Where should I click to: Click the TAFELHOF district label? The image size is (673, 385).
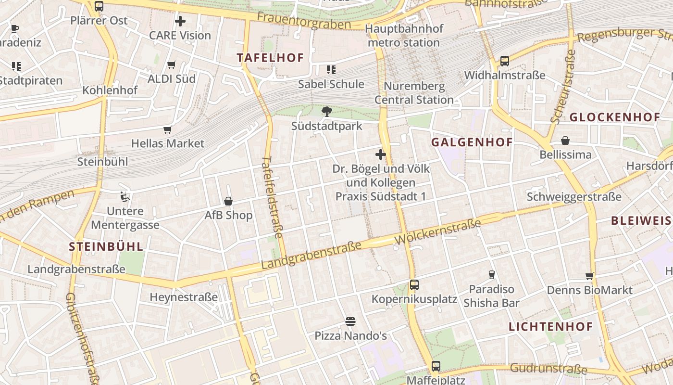pyautogui.click(x=271, y=58)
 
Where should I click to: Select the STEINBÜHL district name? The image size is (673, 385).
pyautogui.click(x=106, y=247)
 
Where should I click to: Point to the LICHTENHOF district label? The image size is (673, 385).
pyautogui.click(x=551, y=327)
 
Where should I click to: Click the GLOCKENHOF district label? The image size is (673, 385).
pyautogui.click(x=615, y=117)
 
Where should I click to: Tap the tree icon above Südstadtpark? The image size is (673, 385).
pyautogui.click(x=327, y=112)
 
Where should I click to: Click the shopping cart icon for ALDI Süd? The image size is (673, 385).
pyautogui.click(x=171, y=64)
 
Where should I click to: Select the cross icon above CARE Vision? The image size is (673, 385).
pyautogui.click(x=180, y=21)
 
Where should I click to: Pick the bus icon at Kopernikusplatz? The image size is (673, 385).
pyautogui.click(x=414, y=284)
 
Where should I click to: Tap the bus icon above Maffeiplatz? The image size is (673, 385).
pyautogui.click(x=436, y=366)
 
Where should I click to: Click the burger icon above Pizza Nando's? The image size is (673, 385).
pyautogui.click(x=350, y=321)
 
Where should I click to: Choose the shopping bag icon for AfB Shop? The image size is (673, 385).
pyautogui.click(x=228, y=201)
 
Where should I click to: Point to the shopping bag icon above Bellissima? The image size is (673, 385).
pyautogui.click(x=565, y=141)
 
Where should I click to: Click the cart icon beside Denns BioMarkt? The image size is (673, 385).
pyautogui.click(x=590, y=276)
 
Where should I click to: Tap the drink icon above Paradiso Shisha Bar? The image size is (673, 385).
pyautogui.click(x=491, y=275)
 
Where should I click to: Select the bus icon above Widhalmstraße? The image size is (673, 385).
pyautogui.click(x=505, y=61)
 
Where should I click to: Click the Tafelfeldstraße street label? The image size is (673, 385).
pyautogui.click(x=273, y=197)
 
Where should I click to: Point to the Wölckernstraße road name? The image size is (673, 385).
pyautogui.click(x=437, y=231)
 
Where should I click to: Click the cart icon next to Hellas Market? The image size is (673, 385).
pyautogui.click(x=167, y=129)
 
